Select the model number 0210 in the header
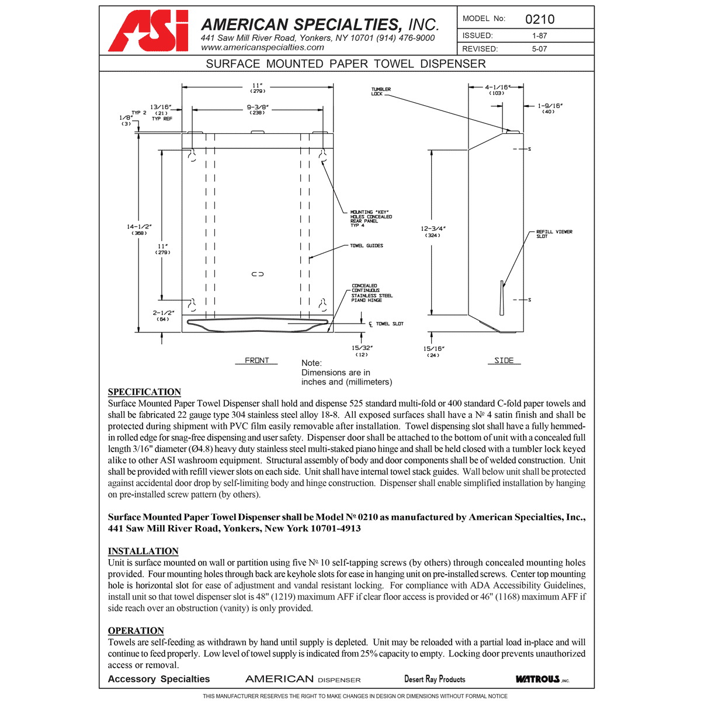click(x=539, y=19)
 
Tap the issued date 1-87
click(x=539, y=36)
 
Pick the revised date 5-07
click(x=539, y=49)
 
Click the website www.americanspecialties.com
click(x=262, y=47)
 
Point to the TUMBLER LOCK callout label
click(x=381, y=92)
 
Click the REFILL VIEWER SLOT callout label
click(x=554, y=234)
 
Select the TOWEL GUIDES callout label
click(x=366, y=246)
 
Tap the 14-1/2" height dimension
click(x=139, y=229)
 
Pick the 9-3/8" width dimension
click(x=258, y=109)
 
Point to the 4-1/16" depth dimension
click(x=497, y=89)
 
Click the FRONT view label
click(x=256, y=360)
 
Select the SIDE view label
click(x=504, y=360)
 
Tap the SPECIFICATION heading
click(x=144, y=392)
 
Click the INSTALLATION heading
click(x=143, y=551)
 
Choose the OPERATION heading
click(x=136, y=630)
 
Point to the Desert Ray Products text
click(x=435, y=679)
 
